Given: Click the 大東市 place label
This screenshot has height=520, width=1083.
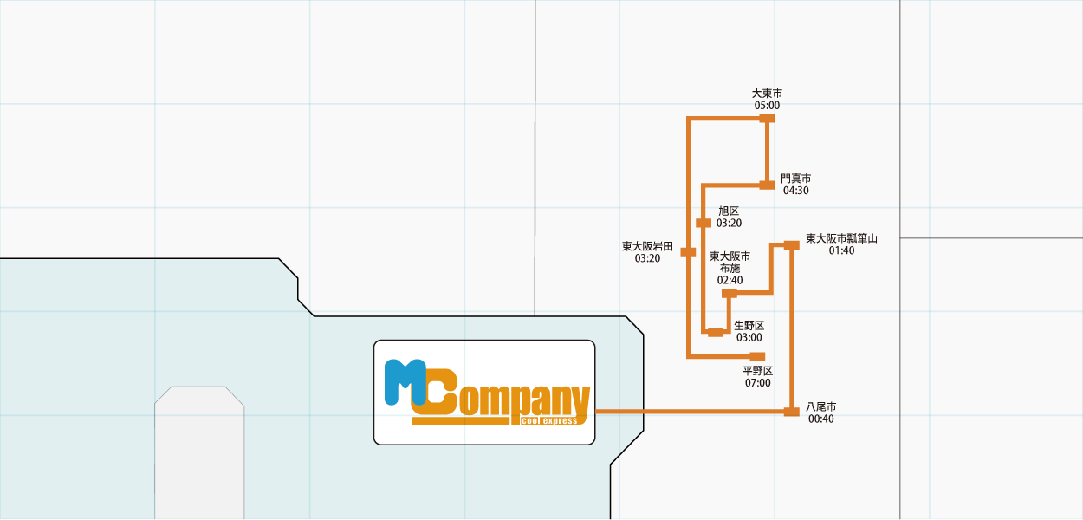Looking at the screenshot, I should [767, 93].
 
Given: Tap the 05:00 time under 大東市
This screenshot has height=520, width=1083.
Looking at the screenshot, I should [767, 106].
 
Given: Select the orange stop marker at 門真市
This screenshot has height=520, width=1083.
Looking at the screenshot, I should [767, 185].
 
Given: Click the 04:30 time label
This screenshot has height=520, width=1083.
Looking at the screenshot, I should [795, 191].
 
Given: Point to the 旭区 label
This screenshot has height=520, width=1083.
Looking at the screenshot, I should [729, 211].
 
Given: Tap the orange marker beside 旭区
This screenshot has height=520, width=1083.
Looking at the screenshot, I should [704, 224].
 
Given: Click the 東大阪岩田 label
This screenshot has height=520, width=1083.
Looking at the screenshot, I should [647, 246].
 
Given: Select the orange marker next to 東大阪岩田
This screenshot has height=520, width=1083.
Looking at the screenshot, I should [688, 252].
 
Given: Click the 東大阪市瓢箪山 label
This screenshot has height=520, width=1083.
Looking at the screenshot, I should [841, 238].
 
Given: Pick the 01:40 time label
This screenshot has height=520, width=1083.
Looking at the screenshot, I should [841, 250].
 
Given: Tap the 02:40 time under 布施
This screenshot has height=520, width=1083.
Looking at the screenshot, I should [730, 280].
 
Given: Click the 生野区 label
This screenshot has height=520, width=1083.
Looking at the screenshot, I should [749, 325].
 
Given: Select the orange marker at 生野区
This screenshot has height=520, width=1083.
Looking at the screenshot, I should [716, 332].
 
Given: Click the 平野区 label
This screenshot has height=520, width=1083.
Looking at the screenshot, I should [757, 370].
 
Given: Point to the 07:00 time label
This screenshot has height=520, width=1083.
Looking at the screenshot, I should [757, 382].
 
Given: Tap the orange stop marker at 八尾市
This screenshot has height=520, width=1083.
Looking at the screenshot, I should [791, 412].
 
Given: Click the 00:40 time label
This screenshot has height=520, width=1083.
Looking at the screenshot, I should [820, 419].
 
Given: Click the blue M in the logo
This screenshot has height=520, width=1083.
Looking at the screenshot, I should [404, 381].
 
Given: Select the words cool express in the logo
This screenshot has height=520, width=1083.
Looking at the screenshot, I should [549, 420].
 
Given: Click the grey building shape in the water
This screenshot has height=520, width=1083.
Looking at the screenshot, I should [199, 455].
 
